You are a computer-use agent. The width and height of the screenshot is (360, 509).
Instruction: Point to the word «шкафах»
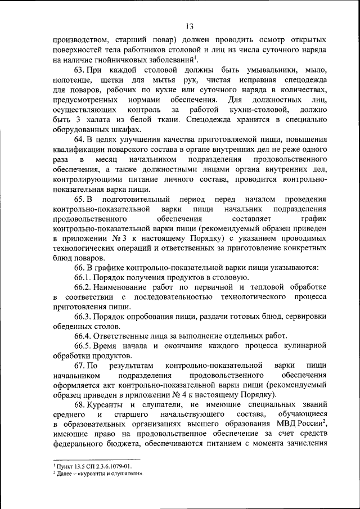point(121,129)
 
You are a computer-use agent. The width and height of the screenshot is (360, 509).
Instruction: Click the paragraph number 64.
point(79,139)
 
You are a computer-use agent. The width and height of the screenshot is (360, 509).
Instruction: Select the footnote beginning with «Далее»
point(100,474)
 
